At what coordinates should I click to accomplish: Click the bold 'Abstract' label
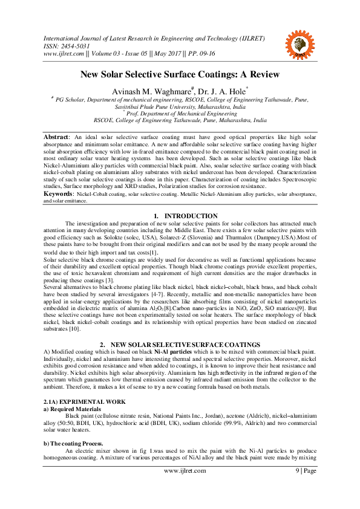pos(55,137)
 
